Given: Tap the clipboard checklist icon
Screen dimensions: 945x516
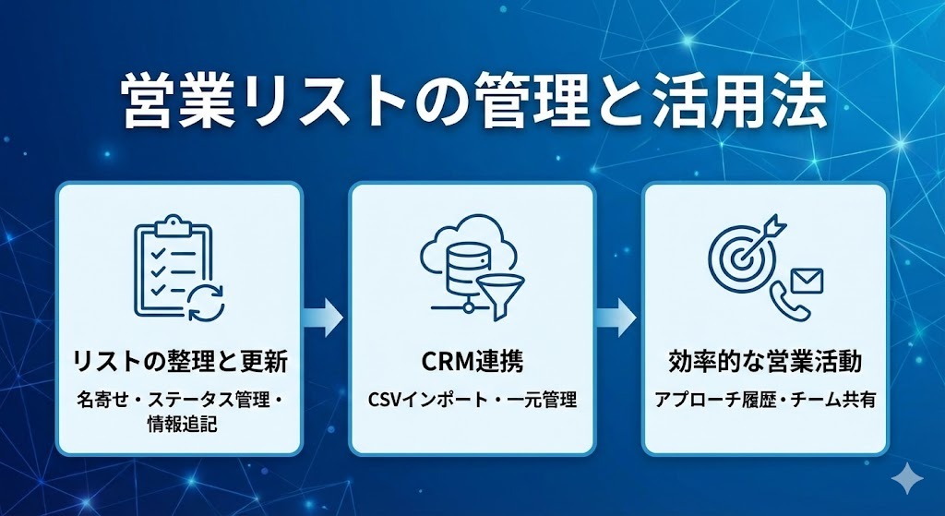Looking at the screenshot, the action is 173,265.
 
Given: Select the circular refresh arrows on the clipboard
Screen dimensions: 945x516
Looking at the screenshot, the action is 206,302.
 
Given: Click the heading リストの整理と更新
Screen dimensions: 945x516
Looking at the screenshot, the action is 180,362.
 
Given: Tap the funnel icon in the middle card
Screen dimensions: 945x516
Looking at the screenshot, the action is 500,296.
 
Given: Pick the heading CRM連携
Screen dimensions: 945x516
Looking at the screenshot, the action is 472,362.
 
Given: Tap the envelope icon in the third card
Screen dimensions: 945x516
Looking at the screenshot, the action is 806,281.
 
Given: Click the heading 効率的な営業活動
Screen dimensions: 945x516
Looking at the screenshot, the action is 765,362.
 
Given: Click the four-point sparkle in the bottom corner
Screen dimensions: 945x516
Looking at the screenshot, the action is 907,480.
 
